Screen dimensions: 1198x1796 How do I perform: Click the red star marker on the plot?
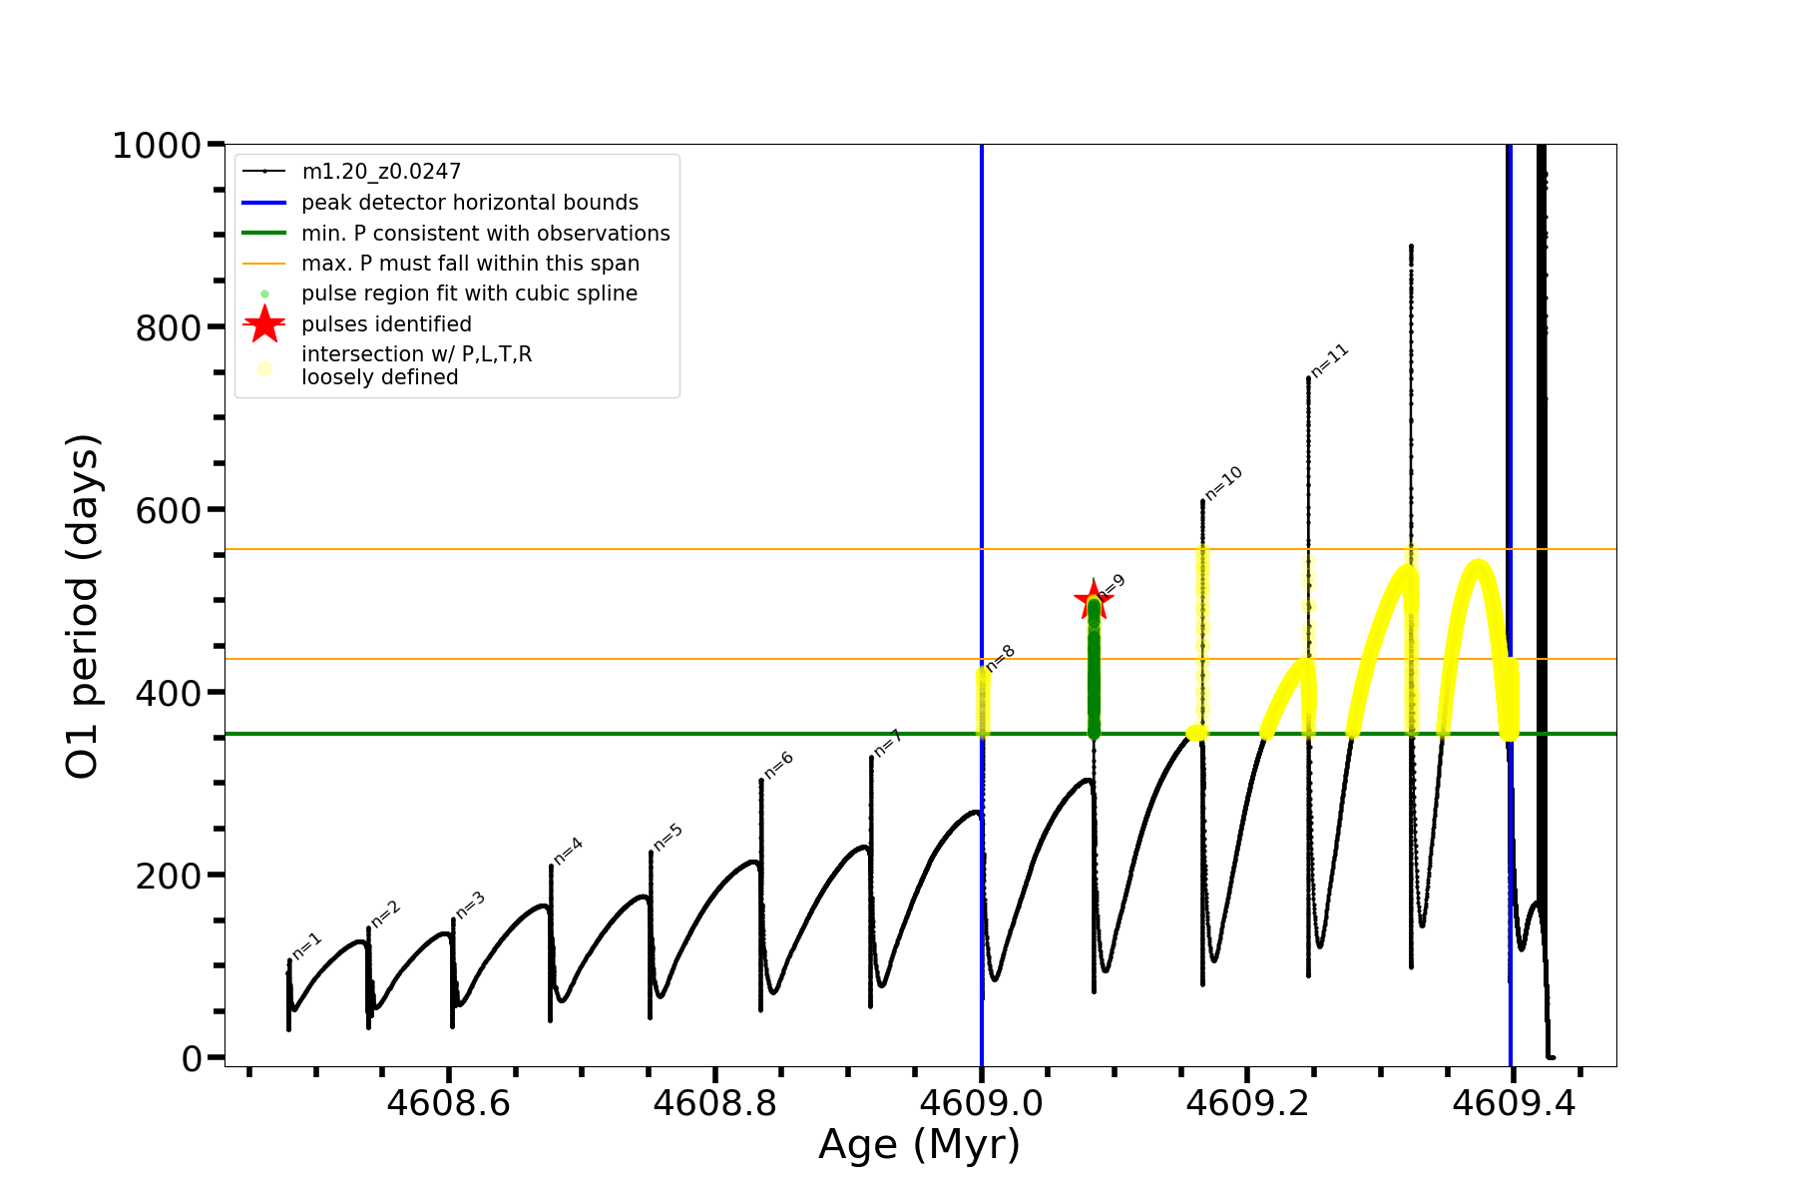tap(1093, 601)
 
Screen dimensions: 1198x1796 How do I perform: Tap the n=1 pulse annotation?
tap(307, 946)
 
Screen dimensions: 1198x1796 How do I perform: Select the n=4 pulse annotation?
tap(568, 851)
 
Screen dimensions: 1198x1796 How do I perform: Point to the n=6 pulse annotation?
tap(778, 765)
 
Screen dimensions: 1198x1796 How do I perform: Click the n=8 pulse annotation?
tap(1000, 658)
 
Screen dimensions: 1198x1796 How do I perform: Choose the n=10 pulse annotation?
tap(1223, 483)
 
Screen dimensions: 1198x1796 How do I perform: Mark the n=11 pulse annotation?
tap(1329, 360)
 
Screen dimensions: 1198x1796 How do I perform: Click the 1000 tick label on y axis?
tap(157, 146)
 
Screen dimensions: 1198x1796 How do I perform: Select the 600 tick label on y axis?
tap(169, 510)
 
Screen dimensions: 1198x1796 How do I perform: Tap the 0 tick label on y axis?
tap(192, 1058)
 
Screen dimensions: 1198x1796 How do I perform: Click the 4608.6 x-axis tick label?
tap(449, 1104)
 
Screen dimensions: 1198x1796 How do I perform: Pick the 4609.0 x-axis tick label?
tap(981, 1104)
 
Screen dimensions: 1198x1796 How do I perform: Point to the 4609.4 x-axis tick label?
tap(1513, 1104)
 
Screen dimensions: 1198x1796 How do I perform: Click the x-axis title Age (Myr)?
tap(919, 1145)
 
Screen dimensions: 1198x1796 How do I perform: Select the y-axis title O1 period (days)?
tap(82, 606)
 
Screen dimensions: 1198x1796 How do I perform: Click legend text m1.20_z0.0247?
tap(381, 172)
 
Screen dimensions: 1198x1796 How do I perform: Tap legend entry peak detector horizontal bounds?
tap(469, 203)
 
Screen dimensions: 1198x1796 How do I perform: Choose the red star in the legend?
tap(264, 324)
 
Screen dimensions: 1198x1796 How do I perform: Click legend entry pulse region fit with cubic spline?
tap(469, 294)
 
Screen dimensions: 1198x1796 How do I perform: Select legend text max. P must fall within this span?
tap(470, 264)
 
